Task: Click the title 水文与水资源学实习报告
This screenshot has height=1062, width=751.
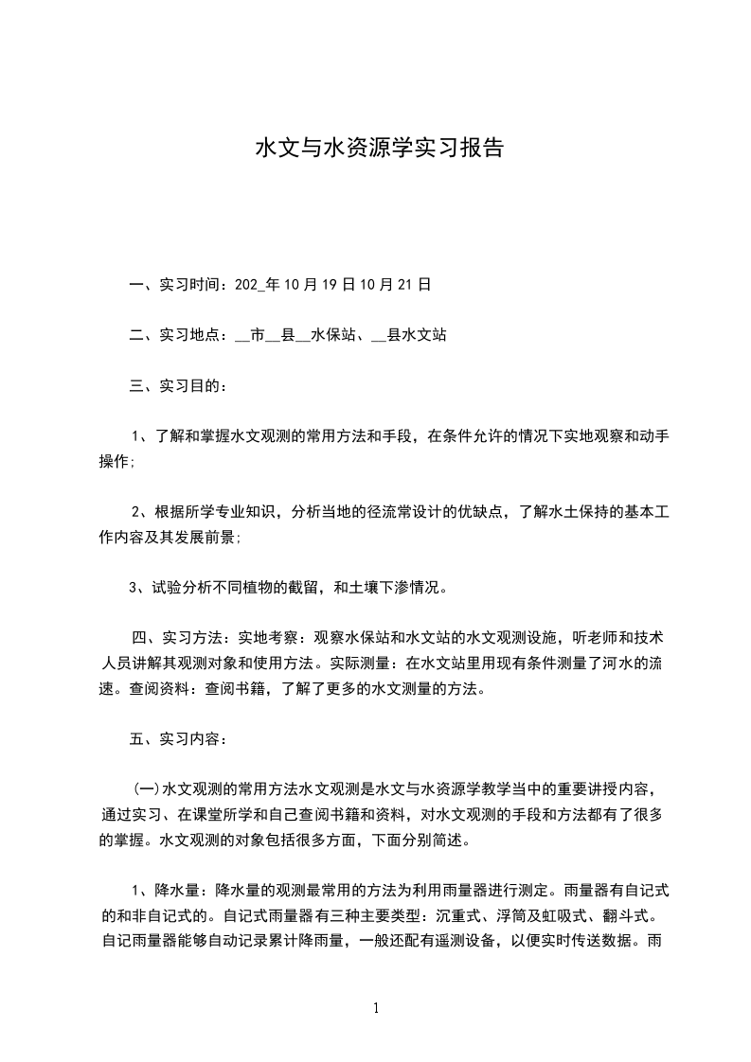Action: click(x=379, y=149)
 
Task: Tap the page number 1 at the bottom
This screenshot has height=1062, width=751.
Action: click(x=376, y=1009)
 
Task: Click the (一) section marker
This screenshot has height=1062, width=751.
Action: click(x=146, y=789)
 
